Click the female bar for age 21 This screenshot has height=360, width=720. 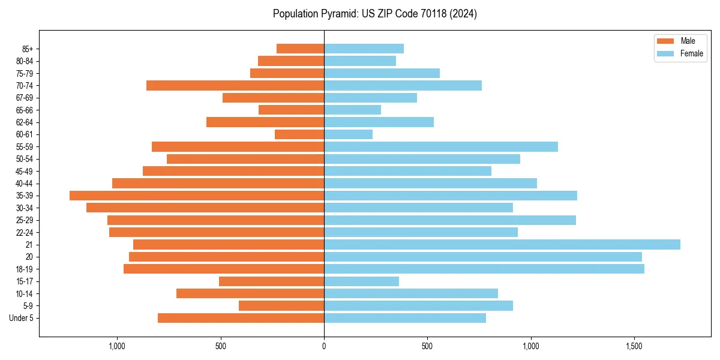[x=502, y=244]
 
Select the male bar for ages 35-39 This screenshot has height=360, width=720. [x=197, y=196]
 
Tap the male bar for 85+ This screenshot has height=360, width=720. [x=300, y=49]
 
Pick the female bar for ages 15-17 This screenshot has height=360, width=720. [x=361, y=281]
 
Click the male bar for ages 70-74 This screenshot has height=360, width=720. [x=235, y=85]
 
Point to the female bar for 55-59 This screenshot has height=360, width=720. [x=441, y=146]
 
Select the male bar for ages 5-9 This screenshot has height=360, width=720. [x=281, y=305]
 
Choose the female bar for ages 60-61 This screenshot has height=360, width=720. [x=348, y=134]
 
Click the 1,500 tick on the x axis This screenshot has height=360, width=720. [x=634, y=346]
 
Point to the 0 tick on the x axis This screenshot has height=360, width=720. [x=324, y=346]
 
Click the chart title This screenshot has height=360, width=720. [x=374, y=14]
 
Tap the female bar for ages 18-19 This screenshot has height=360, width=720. [x=484, y=269]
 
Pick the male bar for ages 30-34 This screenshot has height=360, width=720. [x=205, y=208]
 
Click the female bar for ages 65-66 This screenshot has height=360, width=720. [x=352, y=110]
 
